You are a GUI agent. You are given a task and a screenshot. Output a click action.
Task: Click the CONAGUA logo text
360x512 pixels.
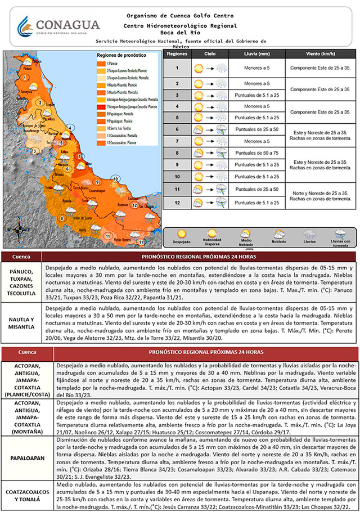tap(67, 25)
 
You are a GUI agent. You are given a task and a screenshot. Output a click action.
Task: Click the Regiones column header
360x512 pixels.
tap(177, 54)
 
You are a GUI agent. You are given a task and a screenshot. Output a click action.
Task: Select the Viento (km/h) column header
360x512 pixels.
tap(319, 54)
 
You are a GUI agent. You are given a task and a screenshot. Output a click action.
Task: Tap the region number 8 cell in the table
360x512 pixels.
tap(177, 153)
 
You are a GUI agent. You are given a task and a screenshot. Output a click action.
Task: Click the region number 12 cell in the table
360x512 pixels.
tap(177, 202)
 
